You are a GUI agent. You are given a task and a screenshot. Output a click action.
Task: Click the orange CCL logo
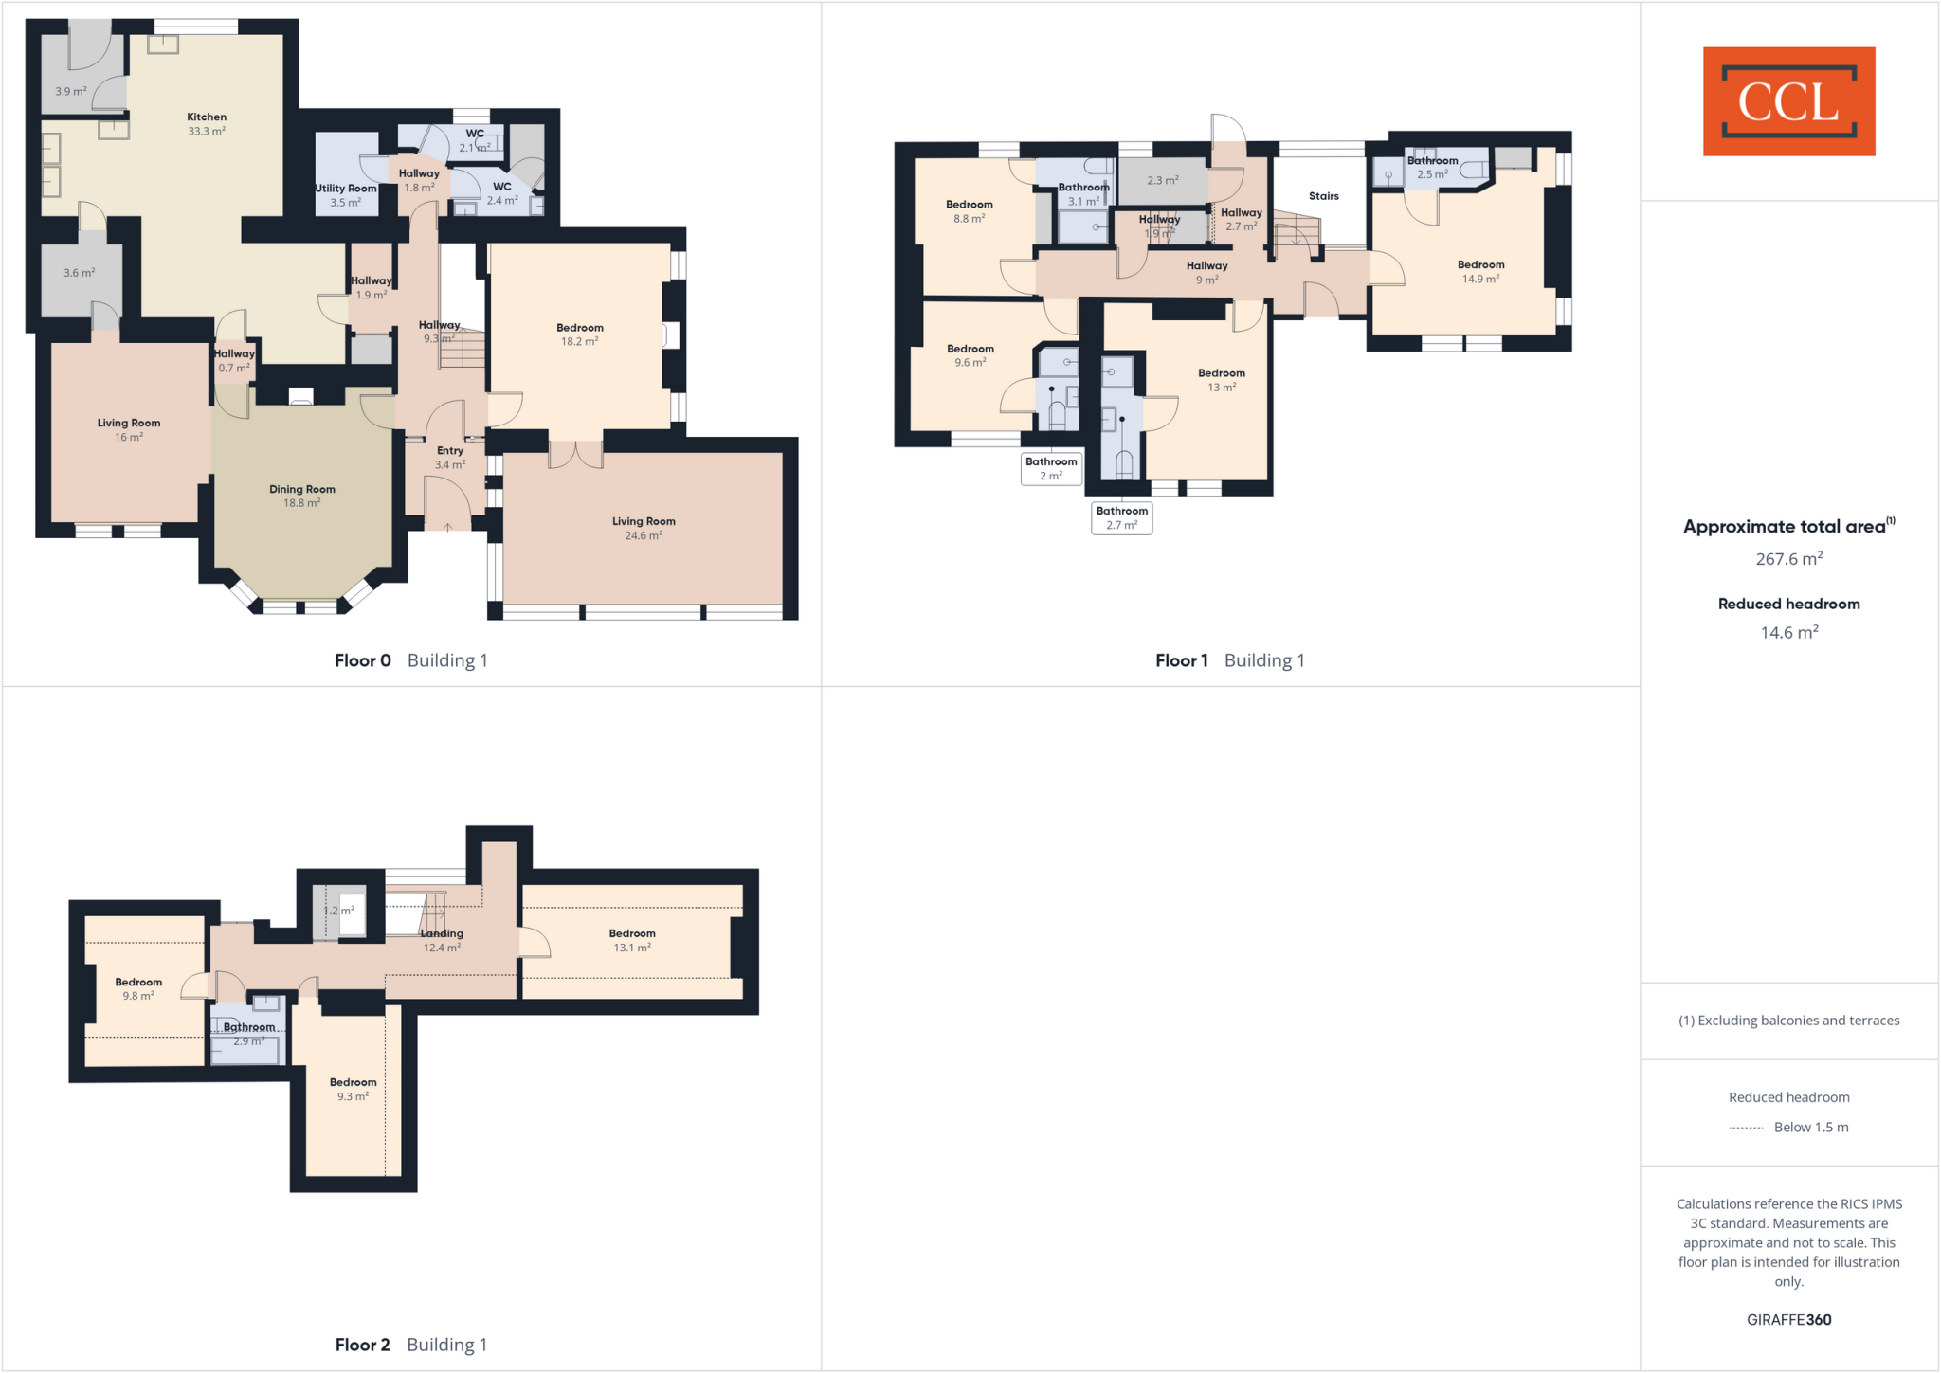(x=1788, y=101)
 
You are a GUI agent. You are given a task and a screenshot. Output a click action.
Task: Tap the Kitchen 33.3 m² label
(x=207, y=124)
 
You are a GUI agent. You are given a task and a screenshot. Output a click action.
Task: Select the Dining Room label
(x=302, y=496)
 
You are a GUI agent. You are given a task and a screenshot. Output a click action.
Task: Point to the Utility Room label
(x=346, y=195)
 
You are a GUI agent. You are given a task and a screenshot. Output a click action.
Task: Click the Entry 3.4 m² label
(x=450, y=458)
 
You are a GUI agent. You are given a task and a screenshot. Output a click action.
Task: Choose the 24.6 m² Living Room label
(x=644, y=528)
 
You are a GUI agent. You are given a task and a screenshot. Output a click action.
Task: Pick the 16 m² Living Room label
(x=129, y=429)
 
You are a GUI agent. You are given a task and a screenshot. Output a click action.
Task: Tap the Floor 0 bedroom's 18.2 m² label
(x=580, y=334)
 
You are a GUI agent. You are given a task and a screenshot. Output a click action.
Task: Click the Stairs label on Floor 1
(x=1324, y=196)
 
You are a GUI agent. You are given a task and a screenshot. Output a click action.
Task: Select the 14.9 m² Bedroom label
(x=1480, y=272)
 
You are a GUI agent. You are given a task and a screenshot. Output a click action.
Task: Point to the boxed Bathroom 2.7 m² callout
(x=1122, y=517)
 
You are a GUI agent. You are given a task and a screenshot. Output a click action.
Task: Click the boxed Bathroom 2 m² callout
(x=1051, y=469)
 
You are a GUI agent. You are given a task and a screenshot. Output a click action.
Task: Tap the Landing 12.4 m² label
(x=442, y=940)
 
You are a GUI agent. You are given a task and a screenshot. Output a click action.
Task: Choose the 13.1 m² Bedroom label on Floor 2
(x=632, y=940)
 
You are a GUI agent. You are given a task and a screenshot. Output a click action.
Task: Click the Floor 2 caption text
(x=362, y=1345)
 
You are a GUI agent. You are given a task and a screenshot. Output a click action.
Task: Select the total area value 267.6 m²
(x=1788, y=559)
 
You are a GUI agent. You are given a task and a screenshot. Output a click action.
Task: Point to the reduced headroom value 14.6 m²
(x=1788, y=633)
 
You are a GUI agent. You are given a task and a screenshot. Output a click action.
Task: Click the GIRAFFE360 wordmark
(x=1788, y=1319)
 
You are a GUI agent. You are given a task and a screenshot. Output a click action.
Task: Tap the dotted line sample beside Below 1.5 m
(x=1746, y=1128)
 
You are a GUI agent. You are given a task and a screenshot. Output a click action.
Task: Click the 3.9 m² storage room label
(x=71, y=92)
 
